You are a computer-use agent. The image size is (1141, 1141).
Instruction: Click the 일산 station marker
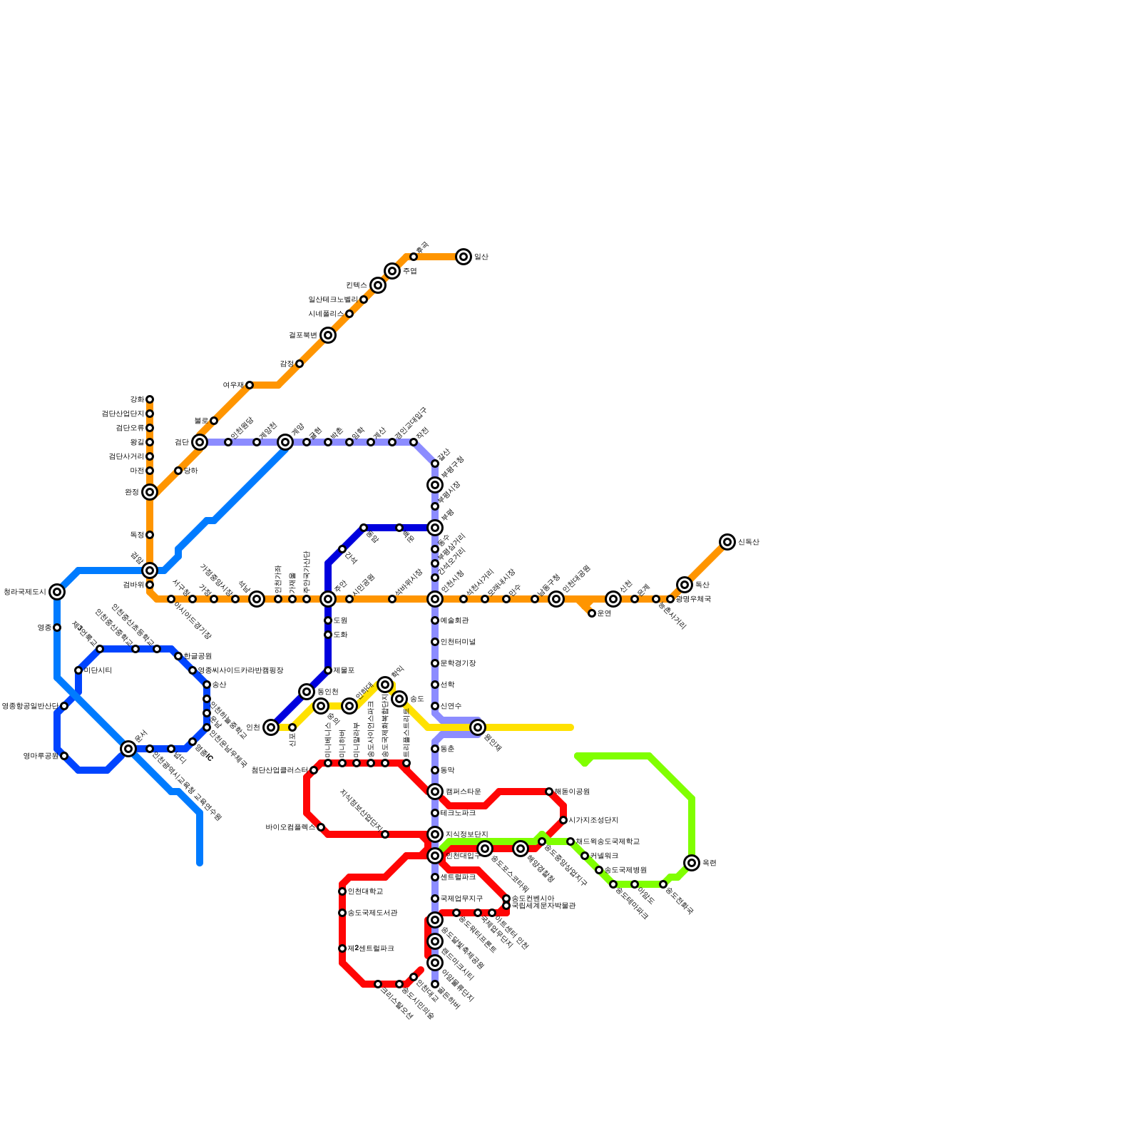[464, 257]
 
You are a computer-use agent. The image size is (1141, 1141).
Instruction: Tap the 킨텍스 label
[357, 285]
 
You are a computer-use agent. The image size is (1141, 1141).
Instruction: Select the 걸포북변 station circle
[328, 335]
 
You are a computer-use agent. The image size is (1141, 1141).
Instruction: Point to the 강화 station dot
[150, 399]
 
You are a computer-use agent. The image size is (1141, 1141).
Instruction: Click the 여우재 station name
[233, 385]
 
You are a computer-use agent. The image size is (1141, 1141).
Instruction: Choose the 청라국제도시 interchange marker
[57, 592]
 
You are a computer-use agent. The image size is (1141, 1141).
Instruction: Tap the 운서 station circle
[128, 749]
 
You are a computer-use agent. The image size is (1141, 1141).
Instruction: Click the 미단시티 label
[98, 670]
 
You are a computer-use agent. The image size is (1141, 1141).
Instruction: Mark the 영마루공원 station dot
[64, 756]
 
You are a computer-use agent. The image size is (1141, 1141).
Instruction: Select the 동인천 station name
[327, 692]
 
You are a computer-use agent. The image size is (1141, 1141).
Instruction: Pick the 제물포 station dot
[328, 670]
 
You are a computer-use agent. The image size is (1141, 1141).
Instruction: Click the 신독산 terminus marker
[727, 542]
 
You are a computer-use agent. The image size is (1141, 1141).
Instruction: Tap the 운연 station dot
[592, 613]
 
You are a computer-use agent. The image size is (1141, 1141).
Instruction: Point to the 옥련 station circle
[692, 863]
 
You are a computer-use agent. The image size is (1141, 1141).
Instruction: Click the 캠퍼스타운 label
[463, 792]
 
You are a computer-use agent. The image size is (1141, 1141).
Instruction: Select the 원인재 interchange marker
[478, 727]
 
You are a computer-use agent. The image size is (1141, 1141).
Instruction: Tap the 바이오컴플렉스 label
[290, 827]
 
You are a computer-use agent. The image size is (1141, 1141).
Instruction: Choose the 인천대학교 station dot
[342, 891]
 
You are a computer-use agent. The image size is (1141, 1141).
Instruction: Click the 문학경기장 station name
[458, 663]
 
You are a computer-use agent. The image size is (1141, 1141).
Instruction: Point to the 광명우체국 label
[693, 599]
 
